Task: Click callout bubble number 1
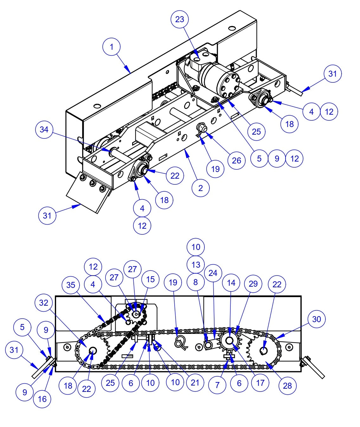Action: (x=112, y=47)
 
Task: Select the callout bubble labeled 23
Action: (x=180, y=19)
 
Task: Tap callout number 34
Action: (x=44, y=130)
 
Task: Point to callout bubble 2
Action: (x=201, y=188)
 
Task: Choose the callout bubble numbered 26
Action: (x=236, y=160)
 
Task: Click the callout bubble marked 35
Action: (x=71, y=285)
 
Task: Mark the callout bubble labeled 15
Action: (x=150, y=279)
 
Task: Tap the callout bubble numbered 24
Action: (x=213, y=273)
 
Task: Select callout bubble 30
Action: (x=317, y=319)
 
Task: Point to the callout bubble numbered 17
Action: (x=260, y=383)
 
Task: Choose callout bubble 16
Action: (x=42, y=399)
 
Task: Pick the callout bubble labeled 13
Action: (x=196, y=264)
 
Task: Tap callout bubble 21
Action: (x=195, y=382)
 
